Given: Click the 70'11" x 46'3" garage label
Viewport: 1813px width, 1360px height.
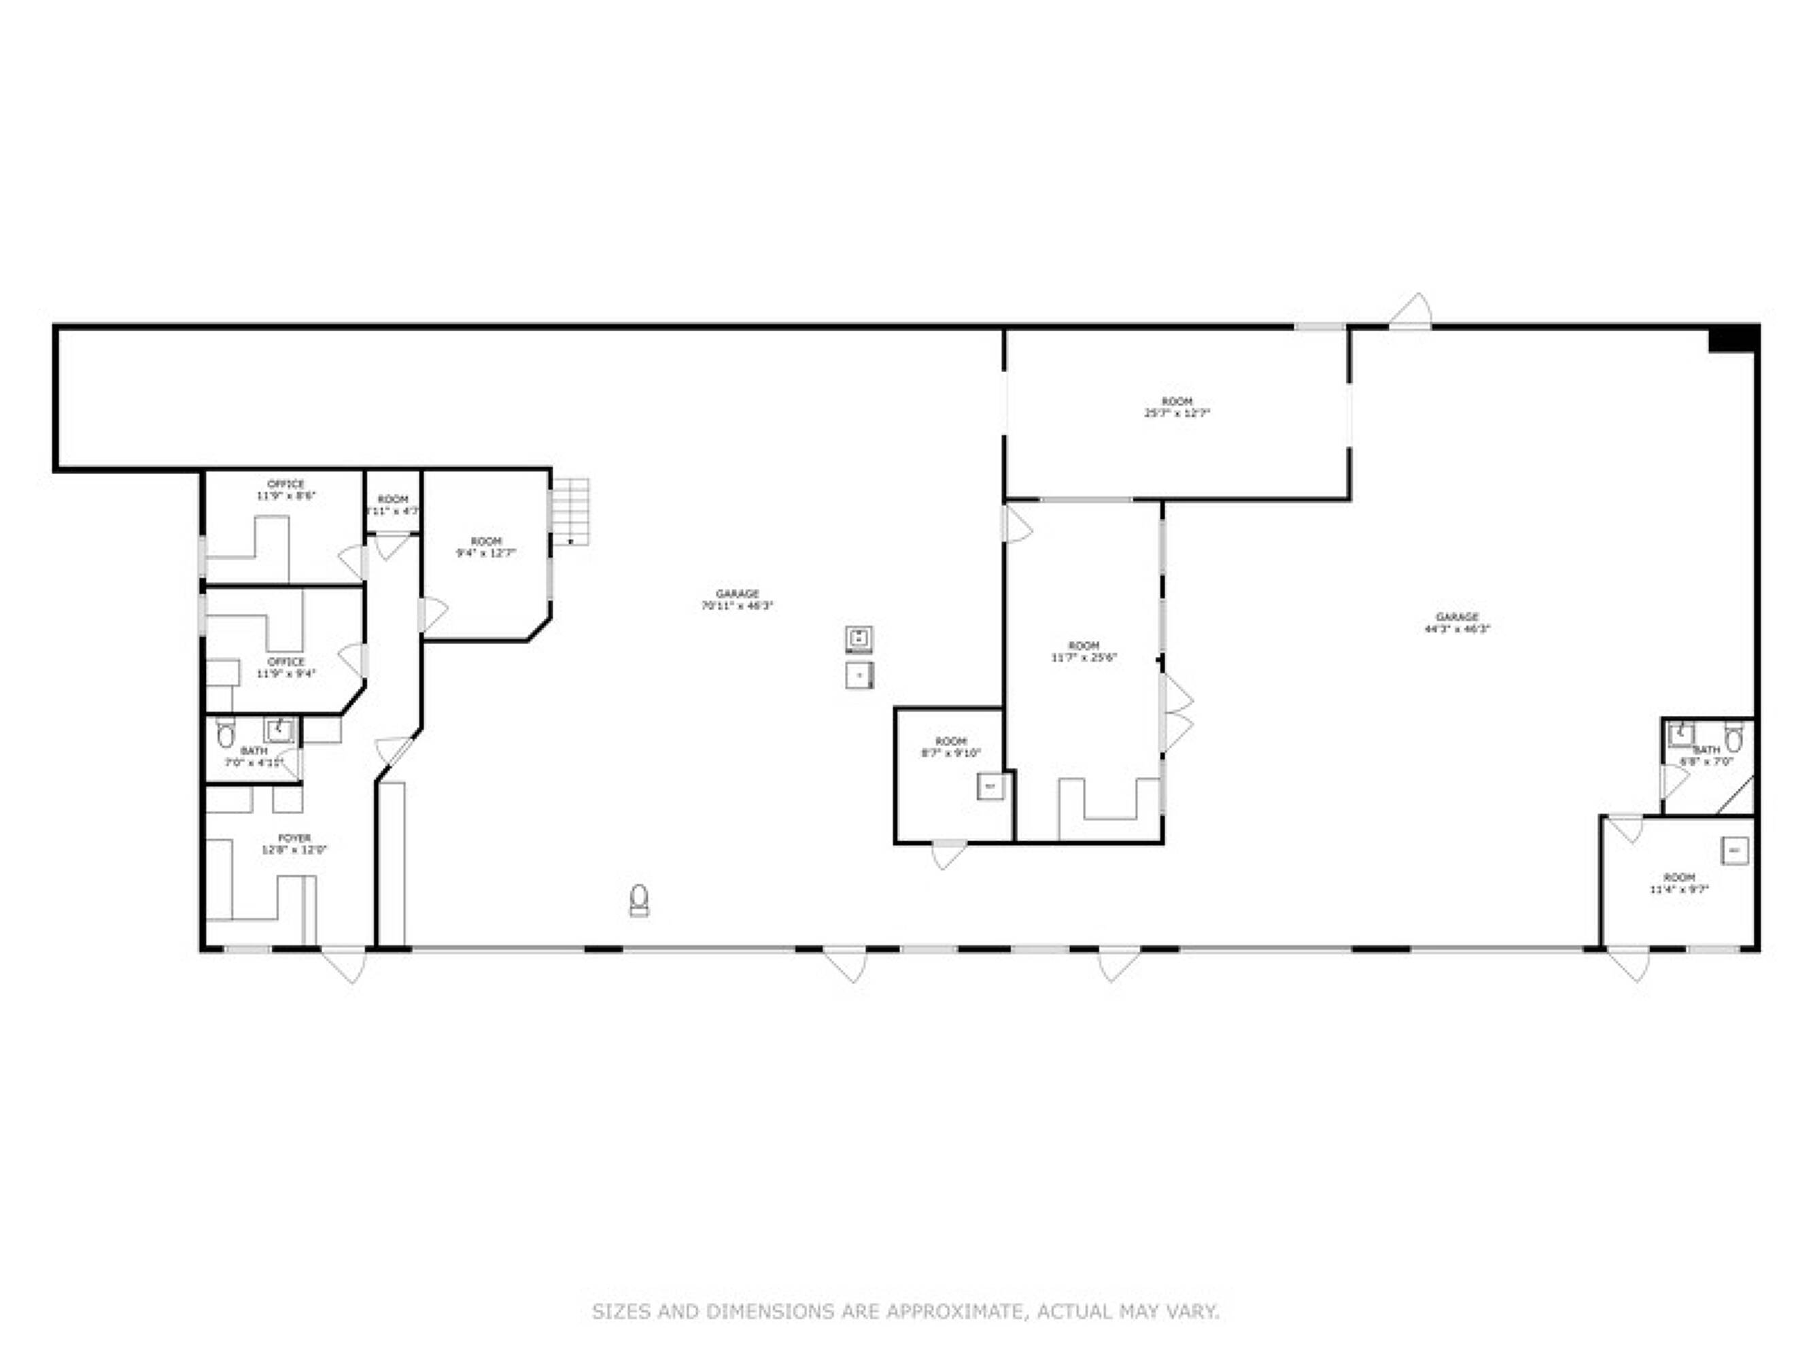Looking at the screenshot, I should pos(737,600).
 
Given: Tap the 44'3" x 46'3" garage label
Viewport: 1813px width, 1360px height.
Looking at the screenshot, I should pos(1457,623).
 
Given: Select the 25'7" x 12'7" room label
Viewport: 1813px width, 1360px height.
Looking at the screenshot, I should pos(1177,407).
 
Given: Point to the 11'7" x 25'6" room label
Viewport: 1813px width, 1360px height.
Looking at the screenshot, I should pos(1084,651).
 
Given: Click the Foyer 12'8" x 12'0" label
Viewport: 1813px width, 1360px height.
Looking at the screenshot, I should pos(294,845).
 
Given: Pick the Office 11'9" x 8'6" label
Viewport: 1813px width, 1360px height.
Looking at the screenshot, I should pos(286,490).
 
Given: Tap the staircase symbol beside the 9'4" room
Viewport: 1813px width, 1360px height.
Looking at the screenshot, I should pos(570,511).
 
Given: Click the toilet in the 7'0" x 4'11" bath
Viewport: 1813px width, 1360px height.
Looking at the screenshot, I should pos(226,735).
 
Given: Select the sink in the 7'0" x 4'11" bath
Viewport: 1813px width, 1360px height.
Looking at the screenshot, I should pos(279,729).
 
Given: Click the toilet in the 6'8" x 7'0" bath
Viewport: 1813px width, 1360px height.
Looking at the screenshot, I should pos(1733,739).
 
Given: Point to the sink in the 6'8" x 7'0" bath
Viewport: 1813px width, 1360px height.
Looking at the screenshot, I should pos(1681,735).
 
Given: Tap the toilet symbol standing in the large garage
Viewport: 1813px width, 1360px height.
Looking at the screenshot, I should pos(639,900).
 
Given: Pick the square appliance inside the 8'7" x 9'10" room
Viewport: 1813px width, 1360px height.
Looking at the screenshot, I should pos(990,787).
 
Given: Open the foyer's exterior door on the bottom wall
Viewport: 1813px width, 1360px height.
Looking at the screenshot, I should pos(344,965).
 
